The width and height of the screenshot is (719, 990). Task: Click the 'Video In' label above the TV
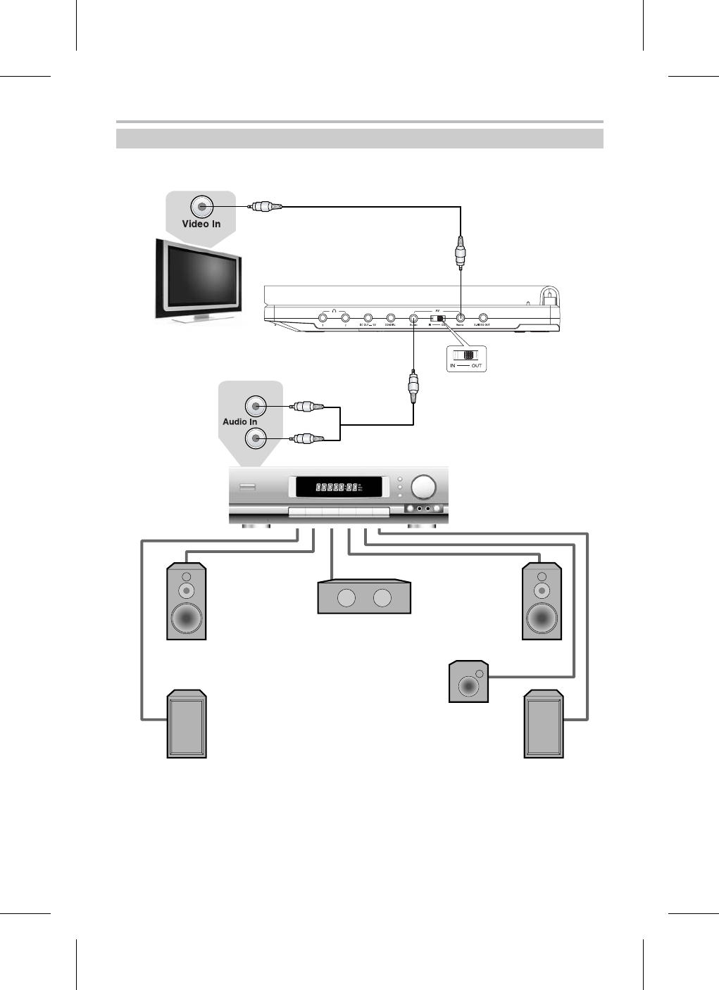201,224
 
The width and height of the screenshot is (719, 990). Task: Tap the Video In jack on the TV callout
201,207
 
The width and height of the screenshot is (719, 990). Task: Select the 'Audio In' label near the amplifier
239,421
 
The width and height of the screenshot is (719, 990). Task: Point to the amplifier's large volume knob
424,487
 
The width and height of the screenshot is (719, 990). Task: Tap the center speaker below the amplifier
364,597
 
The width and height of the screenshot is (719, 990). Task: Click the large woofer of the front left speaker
186,618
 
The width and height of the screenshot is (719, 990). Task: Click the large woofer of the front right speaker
542,618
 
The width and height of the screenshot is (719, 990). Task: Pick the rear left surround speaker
187,725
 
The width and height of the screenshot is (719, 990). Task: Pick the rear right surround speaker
544,725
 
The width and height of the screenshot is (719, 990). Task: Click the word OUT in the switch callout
477,366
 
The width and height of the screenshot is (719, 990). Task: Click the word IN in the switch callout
453,366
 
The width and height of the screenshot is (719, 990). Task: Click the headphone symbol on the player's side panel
335,312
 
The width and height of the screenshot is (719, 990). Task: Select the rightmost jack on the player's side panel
483,319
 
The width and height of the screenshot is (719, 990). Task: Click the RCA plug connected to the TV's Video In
266,207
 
